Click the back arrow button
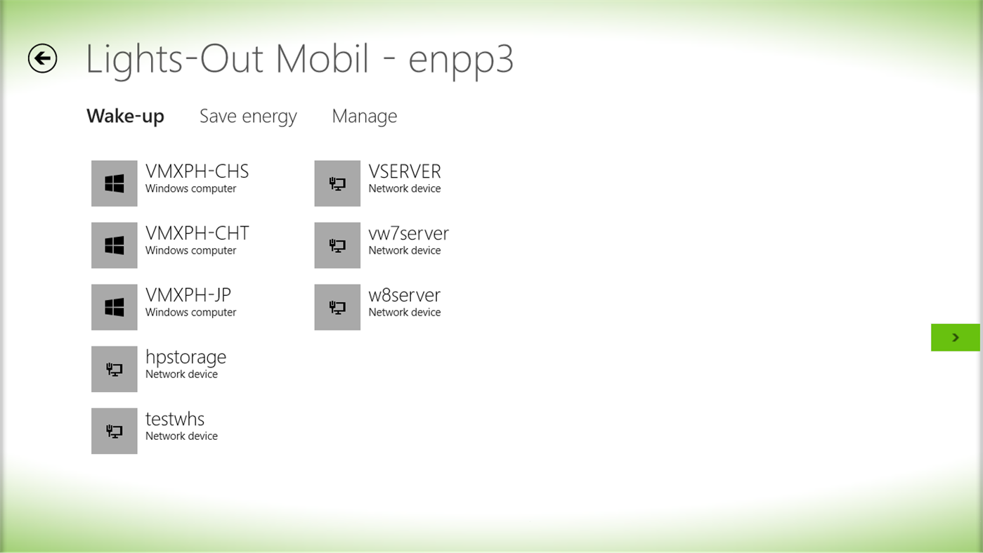42,58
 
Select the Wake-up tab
125,116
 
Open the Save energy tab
248,116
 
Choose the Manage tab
364,116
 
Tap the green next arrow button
955,337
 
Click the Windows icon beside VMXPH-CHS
115,183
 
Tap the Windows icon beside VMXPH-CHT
115,245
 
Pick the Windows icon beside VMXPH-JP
115,307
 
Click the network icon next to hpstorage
115,369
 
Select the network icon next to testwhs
115,431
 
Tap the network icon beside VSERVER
337,183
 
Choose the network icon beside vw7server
337,245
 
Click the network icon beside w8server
337,307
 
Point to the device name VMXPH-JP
188,295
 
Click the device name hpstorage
185,357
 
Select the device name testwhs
175,419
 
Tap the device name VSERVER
405,171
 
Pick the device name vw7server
408,233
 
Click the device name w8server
404,295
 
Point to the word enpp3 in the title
461,60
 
